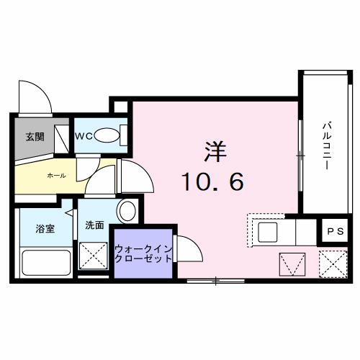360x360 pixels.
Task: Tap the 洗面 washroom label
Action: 95,225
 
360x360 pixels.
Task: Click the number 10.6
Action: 212,183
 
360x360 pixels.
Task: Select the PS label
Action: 334,231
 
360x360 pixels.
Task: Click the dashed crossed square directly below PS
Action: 332,264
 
